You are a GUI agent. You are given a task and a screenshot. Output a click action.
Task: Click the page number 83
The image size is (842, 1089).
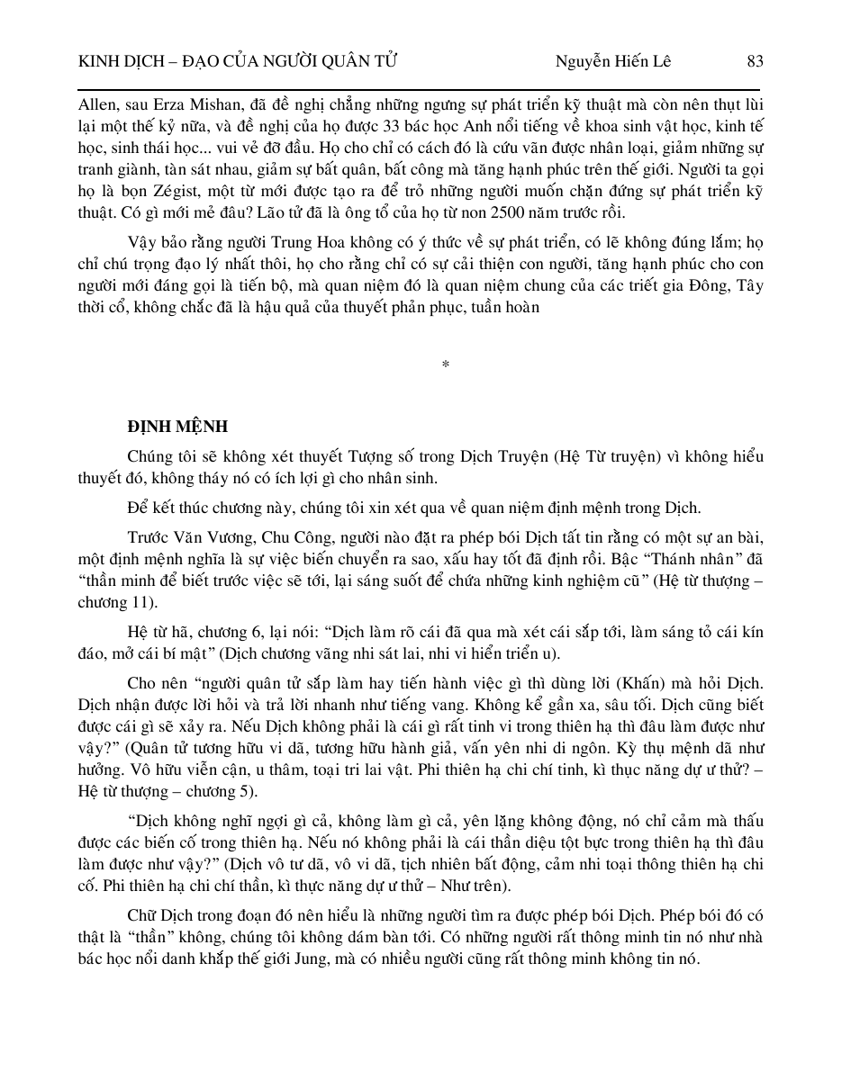pyautogui.click(x=755, y=61)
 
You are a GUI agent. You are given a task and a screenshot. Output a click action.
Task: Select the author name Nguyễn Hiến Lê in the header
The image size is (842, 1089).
pyautogui.click(x=613, y=61)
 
